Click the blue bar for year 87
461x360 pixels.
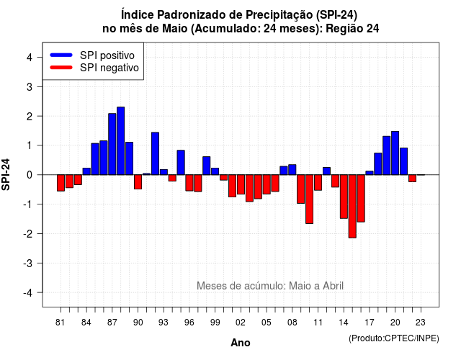pos(112,144)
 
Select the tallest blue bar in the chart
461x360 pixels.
pos(120,141)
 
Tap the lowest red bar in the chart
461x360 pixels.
pos(352,207)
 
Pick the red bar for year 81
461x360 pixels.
pos(61,183)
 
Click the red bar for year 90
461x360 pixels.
pos(138,182)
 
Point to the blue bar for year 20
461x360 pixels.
pos(395,153)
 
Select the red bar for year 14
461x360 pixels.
pos(344,197)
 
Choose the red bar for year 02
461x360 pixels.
pos(241,184)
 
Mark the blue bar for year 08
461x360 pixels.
pos(292,170)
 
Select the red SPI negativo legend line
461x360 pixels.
pos(61,67)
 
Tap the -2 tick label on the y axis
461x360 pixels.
pos(28,233)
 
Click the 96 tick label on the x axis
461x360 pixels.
pos(189,323)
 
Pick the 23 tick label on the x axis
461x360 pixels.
pos(421,323)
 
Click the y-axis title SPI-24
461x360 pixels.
pos(6,174)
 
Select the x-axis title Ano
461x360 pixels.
pos(241,343)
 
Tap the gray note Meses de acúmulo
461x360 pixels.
pos(270,286)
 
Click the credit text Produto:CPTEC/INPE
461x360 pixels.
pos(394,338)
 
